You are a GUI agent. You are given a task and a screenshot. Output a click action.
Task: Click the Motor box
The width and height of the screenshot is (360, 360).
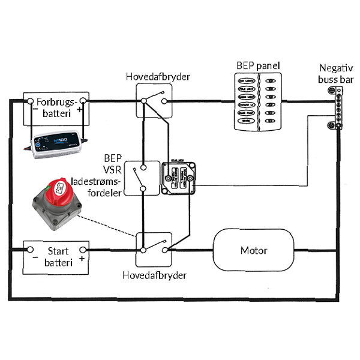point(254,250)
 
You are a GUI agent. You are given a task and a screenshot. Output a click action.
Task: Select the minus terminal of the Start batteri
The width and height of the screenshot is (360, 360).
point(29,250)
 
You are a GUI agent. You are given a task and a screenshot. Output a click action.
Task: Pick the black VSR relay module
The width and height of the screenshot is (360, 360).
point(179,178)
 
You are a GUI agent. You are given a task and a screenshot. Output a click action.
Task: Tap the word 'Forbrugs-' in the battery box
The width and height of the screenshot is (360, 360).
point(57,102)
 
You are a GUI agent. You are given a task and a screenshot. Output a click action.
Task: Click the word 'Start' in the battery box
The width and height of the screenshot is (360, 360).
point(58,250)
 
